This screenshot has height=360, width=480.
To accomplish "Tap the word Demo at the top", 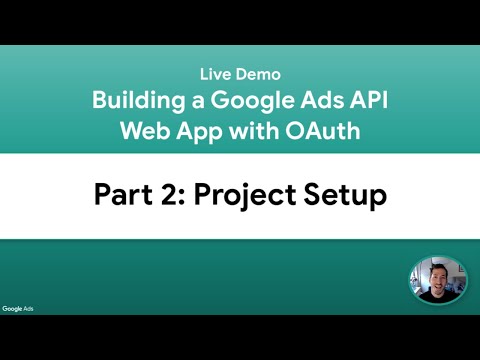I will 259,74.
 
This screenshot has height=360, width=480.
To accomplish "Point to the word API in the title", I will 365,101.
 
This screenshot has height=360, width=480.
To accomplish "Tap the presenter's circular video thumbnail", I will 438,279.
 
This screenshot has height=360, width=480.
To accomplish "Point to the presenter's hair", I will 438,263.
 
